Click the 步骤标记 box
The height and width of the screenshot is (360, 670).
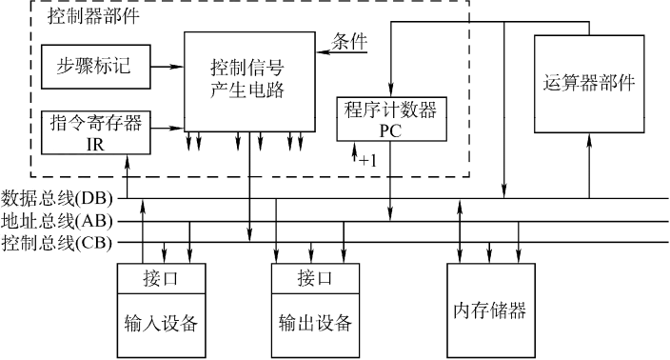tap(96, 67)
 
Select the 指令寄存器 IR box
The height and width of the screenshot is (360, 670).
tap(96, 132)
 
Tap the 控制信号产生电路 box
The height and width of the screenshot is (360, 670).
tap(249, 82)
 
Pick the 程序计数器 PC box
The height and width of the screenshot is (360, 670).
tap(391, 119)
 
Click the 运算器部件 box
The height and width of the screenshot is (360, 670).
tap(589, 84)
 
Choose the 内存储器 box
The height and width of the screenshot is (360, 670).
tap(491, 310)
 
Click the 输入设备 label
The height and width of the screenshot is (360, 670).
tap(161, 323)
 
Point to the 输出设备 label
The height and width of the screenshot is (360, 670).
tap(315, 323)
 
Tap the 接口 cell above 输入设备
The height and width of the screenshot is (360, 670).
tap(161, 279)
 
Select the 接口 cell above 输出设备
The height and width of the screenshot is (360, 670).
tap(315, 279)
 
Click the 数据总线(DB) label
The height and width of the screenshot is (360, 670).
tap(57, 199)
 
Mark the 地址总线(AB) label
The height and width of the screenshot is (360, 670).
tap(57, 222)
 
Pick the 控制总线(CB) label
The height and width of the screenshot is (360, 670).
tap(57, 243)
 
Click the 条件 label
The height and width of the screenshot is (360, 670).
tap(349, 42)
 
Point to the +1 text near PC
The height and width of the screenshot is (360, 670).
tap(368, 161)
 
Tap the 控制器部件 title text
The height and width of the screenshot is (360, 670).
tap(93, 16)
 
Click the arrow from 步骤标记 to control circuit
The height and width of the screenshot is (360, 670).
tap(167, 67)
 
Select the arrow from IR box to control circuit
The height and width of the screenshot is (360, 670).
tap(167, 128)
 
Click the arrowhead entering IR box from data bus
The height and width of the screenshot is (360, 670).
tap(127, 160)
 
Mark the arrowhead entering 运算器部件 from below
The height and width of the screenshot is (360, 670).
tap(589, 139)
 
